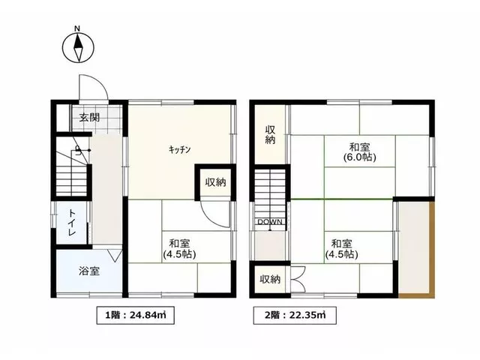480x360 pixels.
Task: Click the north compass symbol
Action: coord(78,48)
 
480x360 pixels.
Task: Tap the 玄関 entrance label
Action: coord(89,117)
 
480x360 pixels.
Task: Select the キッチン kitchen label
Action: coord(180,150)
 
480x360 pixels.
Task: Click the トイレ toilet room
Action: coord(72,223)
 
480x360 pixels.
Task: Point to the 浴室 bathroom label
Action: coord(89,271)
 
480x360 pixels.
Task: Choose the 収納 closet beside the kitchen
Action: coord(215,182)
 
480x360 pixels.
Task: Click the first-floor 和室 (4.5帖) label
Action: coord(179,249)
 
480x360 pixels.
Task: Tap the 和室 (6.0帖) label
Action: coord(360,152)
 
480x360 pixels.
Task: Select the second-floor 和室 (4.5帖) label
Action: coord(342,249)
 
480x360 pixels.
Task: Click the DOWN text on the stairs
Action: coord(270,222)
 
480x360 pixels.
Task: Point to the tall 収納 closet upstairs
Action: coord(270,135)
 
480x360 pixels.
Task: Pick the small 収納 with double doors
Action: coord(270,279)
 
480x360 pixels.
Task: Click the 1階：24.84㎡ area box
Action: coord(136,315)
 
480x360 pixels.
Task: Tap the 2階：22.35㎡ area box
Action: coord(295,315)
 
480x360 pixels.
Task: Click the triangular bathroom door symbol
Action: coord(115,256)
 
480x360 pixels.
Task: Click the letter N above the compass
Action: coord(77,28)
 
